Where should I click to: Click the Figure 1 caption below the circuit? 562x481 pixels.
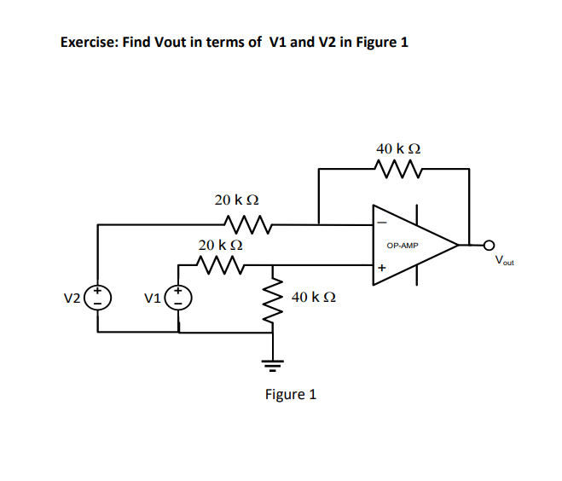pyautogui.click(x=291, y=394)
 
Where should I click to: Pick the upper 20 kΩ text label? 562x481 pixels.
pyautogui.click(x=236, y=200)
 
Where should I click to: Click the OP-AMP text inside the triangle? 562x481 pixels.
pyautogui.click(x=403, y=245)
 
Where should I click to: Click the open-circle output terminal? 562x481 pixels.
pyautogui.click(x=490, y=246)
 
